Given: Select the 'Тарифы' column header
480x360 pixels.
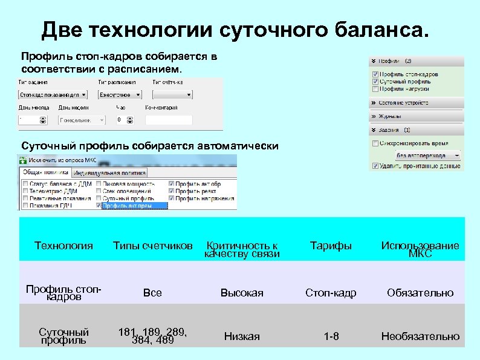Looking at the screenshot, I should pyautogui.click(x=331, y=246).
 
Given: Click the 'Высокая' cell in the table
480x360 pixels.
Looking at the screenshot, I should pyautogui.click(x=242, y=293).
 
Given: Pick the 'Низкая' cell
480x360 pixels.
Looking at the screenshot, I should pyautogui.click(x=242, y=336).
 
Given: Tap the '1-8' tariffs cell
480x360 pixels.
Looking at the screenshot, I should pyautogui.click(x=331, y=336).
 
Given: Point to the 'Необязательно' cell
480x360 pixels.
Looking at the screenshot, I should pyautogui.click(x=420, y=336).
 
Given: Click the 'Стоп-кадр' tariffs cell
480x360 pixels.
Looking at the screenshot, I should pyautogui.click(x=331, y=293).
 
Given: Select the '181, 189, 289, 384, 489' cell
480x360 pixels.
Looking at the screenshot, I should pyautogui.click(x=153, y=336).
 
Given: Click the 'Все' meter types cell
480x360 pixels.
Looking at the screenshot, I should pyautogui.click(x=153, y=293).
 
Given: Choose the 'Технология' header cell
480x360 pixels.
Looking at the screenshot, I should pyautogui.click(x=63, y=246).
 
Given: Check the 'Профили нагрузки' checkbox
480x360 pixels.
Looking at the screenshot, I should pyautogui.click(x=375, y=89).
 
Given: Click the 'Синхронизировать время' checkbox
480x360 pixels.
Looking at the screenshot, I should pyautogui.click(x=375, y=143).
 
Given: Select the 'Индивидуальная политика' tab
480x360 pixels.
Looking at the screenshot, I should pyautogui.click(x=111, y=173).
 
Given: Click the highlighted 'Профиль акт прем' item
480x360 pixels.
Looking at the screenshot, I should pyautogui.click(x=134, y=206).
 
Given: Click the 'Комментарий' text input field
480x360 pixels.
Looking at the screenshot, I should pyautogui.click(x=182, y=120).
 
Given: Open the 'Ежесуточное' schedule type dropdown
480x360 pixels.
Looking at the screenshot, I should pyautogui.click(x=121, y=95).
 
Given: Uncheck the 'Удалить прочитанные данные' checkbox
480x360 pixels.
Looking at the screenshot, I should pyautogui.click(x=375, y=165).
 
